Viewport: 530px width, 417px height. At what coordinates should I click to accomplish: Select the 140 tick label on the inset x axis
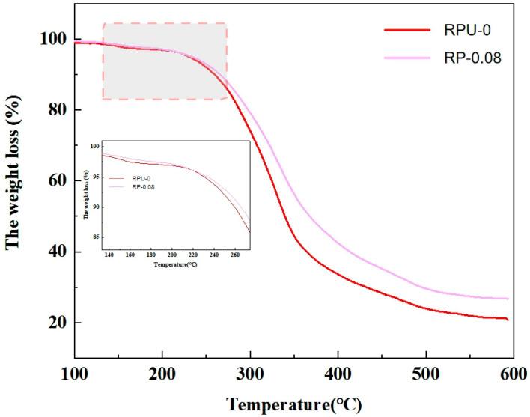pyautogui.click(x=109, y=255)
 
